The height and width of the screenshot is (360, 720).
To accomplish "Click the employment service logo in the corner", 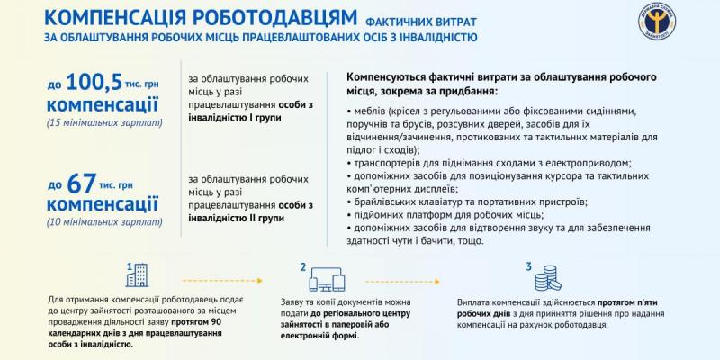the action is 658,21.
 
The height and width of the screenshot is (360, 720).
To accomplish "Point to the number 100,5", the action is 94,83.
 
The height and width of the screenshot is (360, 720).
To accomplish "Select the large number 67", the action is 82,184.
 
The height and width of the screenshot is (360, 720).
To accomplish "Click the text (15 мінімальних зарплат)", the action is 104,123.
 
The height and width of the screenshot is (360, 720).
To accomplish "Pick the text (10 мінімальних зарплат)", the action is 104,222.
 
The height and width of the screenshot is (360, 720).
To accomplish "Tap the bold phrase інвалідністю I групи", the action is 235,118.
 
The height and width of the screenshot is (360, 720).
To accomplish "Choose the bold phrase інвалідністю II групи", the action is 236,218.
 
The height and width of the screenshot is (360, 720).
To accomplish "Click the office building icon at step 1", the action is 138,274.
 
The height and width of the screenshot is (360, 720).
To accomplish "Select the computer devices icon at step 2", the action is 327,280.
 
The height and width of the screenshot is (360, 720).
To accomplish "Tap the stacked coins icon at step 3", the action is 547,278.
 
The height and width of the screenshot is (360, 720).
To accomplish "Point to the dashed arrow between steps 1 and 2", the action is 222,281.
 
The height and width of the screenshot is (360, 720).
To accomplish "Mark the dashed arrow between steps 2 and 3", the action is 402,281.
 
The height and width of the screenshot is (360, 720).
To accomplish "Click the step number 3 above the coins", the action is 528,266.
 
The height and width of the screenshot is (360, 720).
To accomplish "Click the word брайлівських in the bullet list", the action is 381,202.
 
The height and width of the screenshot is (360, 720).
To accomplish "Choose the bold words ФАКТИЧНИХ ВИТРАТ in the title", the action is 421,22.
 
